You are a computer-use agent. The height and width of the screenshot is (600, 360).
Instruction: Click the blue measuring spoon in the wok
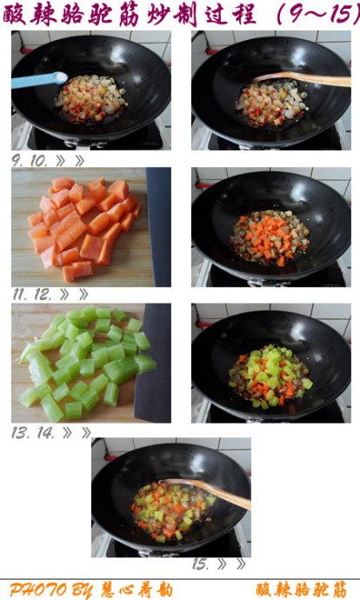pos(39,80)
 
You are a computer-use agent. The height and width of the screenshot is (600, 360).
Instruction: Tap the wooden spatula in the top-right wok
pos(303,79)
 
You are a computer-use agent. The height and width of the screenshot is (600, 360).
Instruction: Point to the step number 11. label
pos(20,294)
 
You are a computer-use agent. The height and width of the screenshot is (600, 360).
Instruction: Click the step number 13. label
pos(20,433)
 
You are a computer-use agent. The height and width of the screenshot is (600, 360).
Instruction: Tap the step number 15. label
pos(201,563)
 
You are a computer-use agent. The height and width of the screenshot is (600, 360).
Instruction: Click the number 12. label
pos(43,294)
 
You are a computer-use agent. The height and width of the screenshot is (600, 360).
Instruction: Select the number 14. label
pos(45,433)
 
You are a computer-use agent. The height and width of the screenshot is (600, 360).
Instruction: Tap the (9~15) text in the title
pos(317,15)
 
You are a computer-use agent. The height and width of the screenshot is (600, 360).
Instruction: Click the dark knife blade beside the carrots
pos(159,227)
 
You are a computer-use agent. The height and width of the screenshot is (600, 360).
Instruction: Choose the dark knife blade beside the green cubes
pos(153,363)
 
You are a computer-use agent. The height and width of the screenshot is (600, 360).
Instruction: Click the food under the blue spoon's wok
pos(91,98)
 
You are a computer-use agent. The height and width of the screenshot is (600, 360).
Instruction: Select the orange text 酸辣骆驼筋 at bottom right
pos(302,590)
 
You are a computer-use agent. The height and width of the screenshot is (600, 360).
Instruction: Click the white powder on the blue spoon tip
pos(60,78)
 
